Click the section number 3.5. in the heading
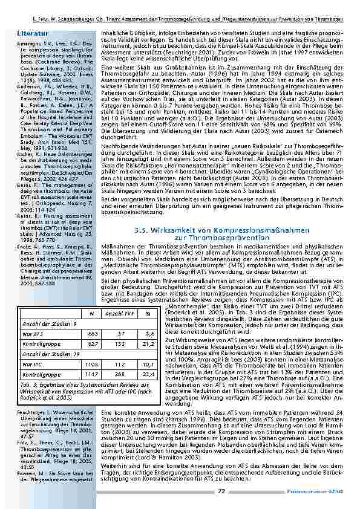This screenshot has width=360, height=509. coord(157,230)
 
